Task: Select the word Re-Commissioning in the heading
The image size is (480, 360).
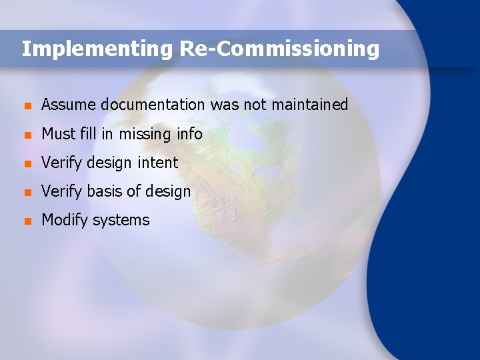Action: (x=279, y=49)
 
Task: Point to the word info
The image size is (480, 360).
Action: (x=189, y=133)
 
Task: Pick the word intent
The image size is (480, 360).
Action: (x=157, y=163)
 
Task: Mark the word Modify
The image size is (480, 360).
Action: (x=64, y=221)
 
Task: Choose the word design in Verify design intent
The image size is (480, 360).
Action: (x=109, y=163)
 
